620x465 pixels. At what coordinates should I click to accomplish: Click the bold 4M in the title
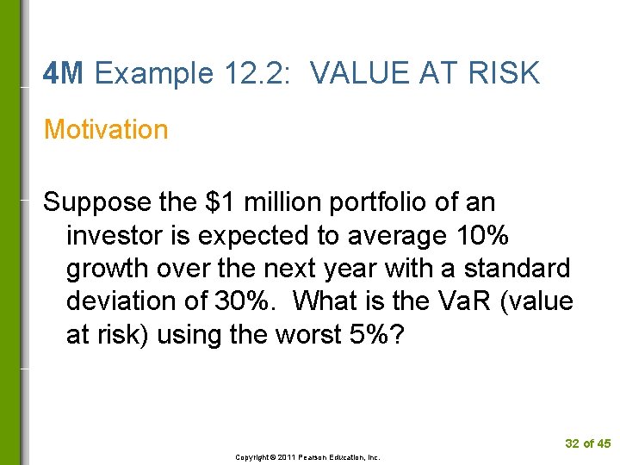(x=63, y=74)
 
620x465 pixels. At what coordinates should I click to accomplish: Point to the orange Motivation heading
(x=106, y=129)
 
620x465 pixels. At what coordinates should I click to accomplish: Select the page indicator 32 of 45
(x=587, y=443)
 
